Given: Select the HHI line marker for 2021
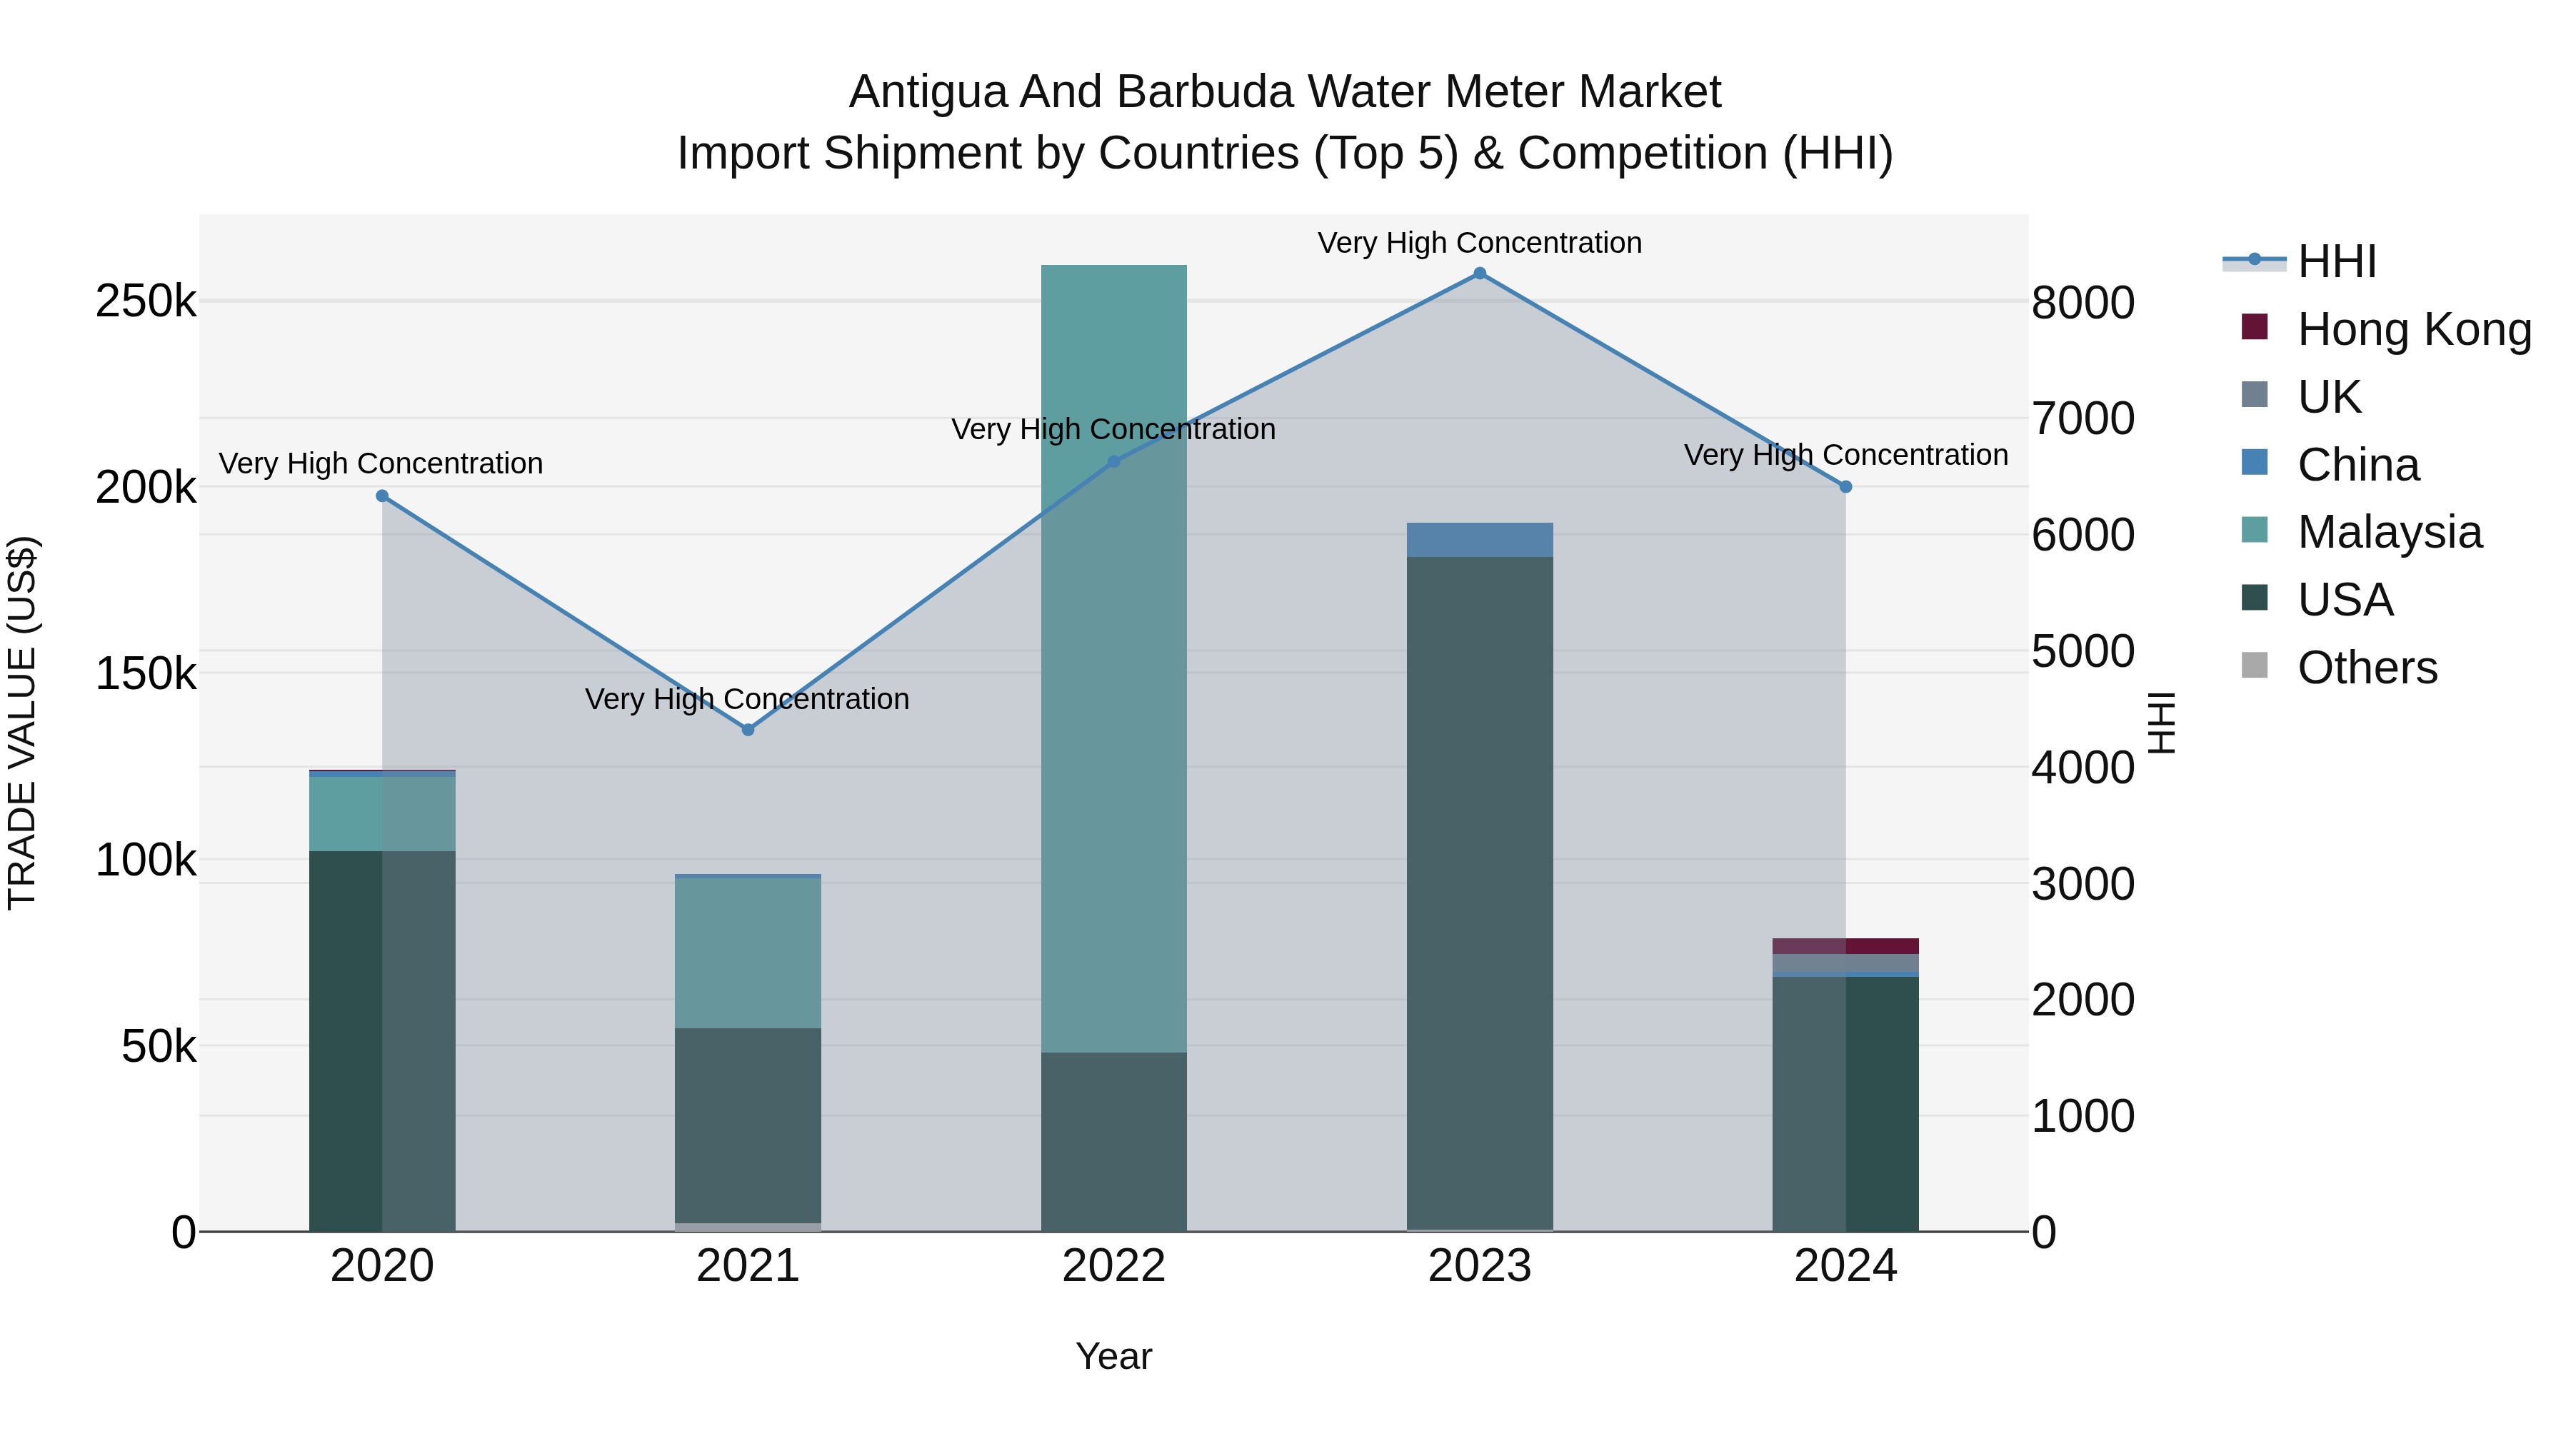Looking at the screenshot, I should [x=748, y=730].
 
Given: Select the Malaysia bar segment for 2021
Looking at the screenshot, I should [x=748, y=953].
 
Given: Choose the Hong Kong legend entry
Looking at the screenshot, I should [x=2412, y=329].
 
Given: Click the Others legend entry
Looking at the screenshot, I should [x=2367, y=668].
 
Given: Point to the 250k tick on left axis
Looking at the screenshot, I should [x=146, y=301].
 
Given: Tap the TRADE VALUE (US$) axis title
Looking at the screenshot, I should [x=22, y=723].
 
